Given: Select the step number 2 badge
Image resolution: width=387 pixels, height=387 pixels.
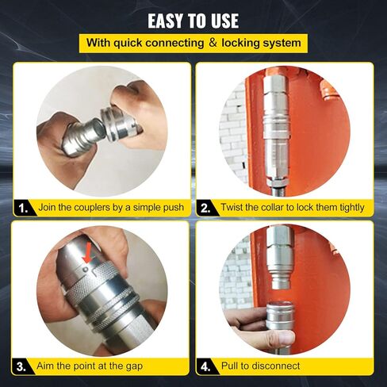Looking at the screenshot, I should (x=206, y=208).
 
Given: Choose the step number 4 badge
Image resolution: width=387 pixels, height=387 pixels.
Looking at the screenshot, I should (x=206, y=366).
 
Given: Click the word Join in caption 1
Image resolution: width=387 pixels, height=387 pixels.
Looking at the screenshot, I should (x=49, y=208).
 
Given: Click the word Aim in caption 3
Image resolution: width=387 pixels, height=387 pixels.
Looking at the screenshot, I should (x=48, y=366).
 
